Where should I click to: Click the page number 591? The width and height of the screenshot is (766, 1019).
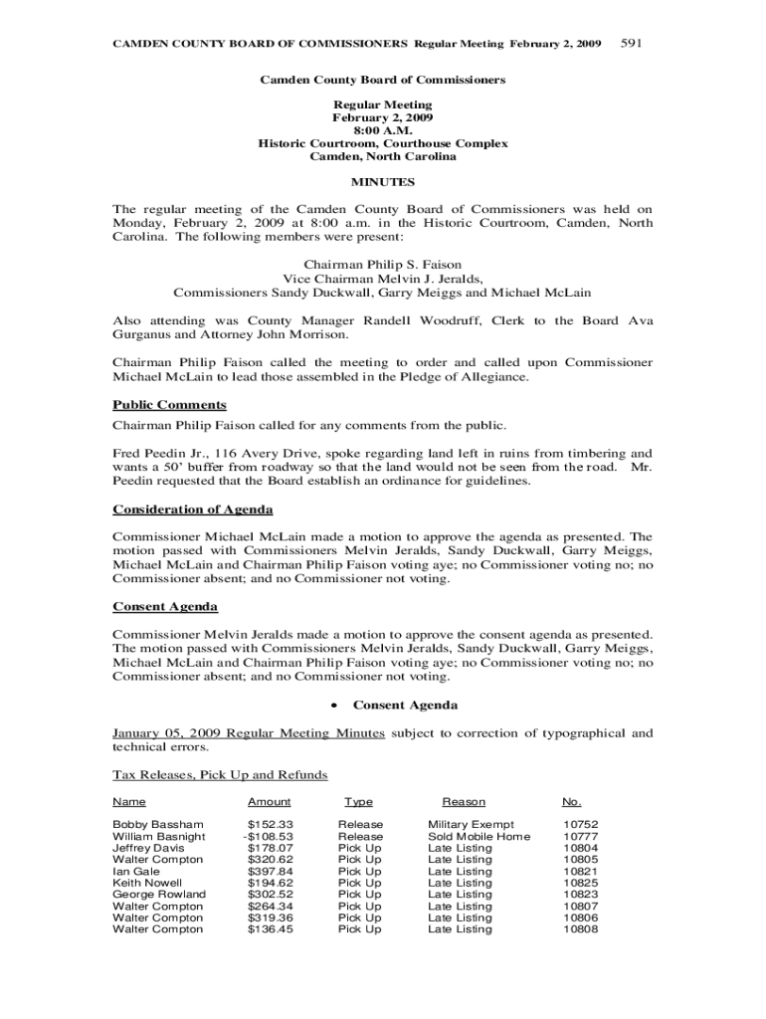pos(634,44)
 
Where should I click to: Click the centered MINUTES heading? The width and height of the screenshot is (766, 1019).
pos(383,183)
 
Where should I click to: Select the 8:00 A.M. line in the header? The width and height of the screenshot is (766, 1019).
pos(383,130)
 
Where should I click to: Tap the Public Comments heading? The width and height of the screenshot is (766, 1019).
pos(169,405)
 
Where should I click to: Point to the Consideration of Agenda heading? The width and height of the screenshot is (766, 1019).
pos(193,509)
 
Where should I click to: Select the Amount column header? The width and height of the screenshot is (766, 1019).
pos(269,802)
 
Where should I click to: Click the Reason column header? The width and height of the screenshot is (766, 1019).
pos(464,802)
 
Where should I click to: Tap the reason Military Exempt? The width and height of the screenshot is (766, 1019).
pos(471,825)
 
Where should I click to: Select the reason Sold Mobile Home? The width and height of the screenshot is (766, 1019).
pos(479,837)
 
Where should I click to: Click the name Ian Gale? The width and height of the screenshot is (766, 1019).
pos(135,872)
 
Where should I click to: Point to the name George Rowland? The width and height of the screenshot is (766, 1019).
pos(159,895)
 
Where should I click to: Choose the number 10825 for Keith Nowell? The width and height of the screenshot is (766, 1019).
pos(580,883)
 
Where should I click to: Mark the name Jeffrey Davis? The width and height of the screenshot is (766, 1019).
pos(148,848)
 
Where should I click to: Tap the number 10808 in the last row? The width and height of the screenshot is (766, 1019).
pos(580,929)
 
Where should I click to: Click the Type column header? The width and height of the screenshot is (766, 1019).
pos(359,802)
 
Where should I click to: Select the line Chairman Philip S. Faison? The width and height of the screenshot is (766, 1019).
pos(383,266)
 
